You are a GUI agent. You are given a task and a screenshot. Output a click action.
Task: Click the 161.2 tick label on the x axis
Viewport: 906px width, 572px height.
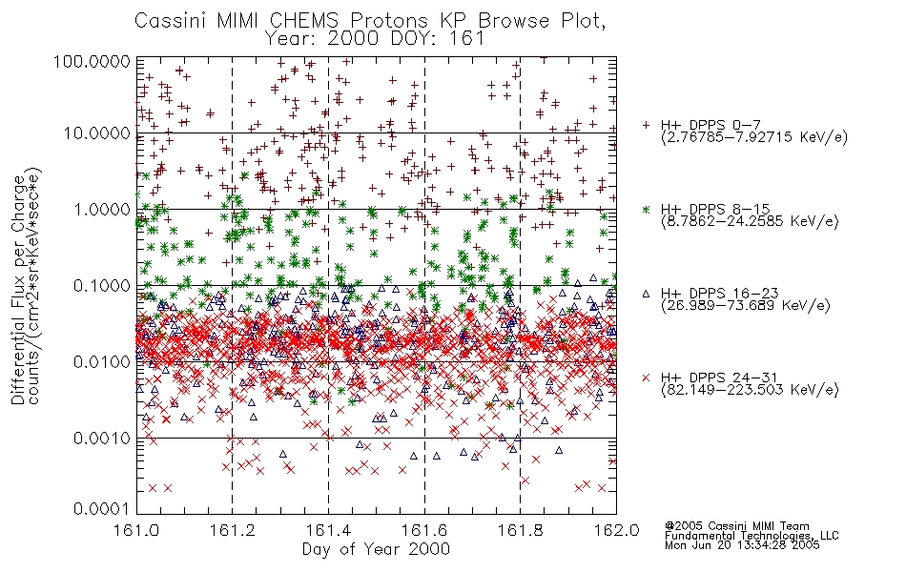tap(233, 530)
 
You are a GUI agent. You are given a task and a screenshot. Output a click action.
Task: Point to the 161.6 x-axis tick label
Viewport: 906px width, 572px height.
tap(424, 530)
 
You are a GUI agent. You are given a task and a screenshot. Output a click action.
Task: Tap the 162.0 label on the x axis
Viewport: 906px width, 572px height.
tap(616, 530)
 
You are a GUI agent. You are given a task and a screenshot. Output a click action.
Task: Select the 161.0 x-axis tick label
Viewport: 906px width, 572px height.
tap(136, 530)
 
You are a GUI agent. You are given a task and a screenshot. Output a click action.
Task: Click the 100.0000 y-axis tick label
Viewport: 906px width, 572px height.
tap(93, 61)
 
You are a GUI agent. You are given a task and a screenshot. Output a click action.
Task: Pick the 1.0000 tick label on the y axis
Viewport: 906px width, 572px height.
tap(102, 209)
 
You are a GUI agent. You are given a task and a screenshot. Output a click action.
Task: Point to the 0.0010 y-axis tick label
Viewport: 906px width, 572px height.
tap(102, 439)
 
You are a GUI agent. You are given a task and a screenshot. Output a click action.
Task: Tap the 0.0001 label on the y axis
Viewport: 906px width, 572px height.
tap(102, 509)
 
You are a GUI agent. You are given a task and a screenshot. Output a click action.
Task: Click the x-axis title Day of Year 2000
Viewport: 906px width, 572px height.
tap(376, 548)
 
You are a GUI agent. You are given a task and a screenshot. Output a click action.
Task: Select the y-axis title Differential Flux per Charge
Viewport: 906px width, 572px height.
tap(18, 290)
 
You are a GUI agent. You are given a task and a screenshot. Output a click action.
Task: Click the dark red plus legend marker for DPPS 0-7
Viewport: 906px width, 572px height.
tap(646, 125)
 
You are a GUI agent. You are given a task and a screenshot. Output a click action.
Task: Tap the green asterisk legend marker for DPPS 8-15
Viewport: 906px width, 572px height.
tap(646, 209)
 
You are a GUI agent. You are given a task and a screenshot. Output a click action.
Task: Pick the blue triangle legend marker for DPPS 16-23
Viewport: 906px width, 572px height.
tap(646, 294)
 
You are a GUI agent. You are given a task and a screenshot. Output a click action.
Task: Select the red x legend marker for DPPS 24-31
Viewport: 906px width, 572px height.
tap(646, 378)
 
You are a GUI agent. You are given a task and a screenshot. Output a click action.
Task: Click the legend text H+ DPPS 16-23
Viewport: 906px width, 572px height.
tap(719, 293)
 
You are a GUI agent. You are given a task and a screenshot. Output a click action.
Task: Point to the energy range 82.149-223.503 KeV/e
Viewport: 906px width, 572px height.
tap(750, 390)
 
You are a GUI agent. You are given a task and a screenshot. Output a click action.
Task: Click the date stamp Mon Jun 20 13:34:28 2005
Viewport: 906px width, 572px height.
tap(742, 545)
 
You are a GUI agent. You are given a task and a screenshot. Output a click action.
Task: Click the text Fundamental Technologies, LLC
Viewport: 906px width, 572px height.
tap(752, 536)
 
